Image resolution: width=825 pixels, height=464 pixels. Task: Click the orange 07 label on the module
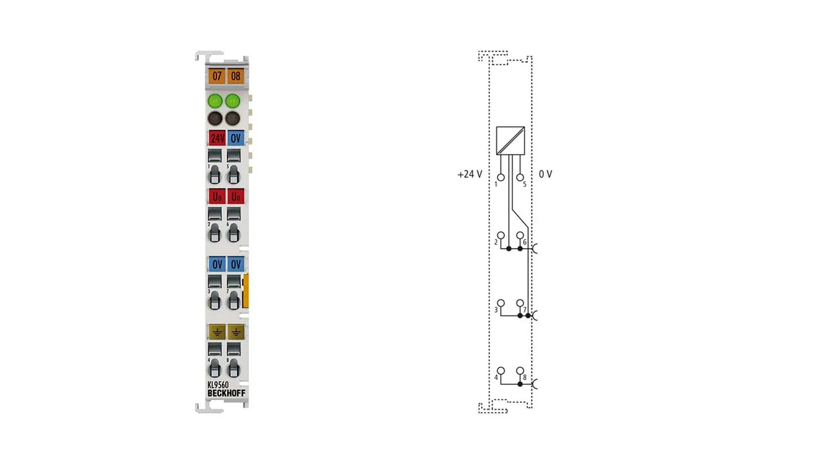click(217, 76)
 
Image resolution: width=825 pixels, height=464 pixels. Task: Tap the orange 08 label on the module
click(235, 76)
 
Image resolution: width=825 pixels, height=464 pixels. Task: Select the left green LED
click(214, 100)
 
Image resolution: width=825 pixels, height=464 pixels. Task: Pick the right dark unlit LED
click(233, 118)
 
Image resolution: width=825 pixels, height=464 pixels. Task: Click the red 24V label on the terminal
click(217, 138)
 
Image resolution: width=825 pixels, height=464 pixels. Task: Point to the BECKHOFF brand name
click(226, 393)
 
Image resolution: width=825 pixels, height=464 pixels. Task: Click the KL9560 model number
click(218, 385)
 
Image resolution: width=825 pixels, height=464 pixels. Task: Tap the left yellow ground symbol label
click(217, 332)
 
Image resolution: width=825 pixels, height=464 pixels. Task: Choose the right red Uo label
click(236, 197)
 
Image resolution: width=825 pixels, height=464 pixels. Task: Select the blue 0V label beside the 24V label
click(236, 138)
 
